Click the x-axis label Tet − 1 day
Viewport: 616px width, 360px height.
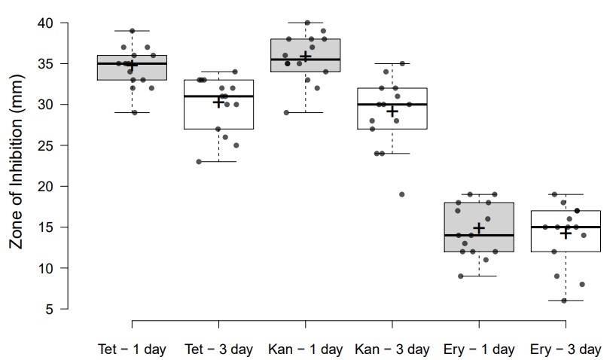point(132,349)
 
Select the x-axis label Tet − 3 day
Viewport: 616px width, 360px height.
point(218,349)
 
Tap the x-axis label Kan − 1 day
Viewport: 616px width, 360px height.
point(305,349)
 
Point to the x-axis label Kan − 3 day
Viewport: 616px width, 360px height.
point(392,349)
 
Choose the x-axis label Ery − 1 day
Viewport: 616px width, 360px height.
point(478,349)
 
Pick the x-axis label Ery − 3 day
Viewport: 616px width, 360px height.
point(566,349)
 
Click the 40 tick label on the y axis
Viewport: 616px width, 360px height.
point(45,23)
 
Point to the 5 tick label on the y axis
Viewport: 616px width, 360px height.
point(50,309)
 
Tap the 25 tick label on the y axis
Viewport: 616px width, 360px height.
point(45,145)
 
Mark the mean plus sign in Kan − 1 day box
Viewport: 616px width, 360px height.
point(305,56)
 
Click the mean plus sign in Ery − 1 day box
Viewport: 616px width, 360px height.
point(478,227)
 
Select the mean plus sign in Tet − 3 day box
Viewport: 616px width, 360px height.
point(218,102)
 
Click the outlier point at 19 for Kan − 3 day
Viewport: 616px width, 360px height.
point(402,194)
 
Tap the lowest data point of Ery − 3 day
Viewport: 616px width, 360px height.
point(564,301)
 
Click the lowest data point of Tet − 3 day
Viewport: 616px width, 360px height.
point(199,161)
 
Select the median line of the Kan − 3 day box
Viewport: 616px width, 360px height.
point(392,105)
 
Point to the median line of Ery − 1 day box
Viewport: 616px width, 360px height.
point(478,235)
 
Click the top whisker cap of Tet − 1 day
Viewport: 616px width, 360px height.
point(132,31)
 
